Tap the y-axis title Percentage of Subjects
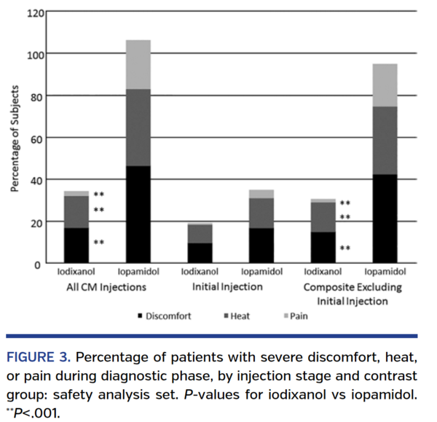15,139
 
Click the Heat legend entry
240,316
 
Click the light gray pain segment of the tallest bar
138,64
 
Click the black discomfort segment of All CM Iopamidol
138,214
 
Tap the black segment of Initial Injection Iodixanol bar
200,253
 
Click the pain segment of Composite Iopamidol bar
386,85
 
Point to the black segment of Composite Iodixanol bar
324,248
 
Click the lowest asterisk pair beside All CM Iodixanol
99,242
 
